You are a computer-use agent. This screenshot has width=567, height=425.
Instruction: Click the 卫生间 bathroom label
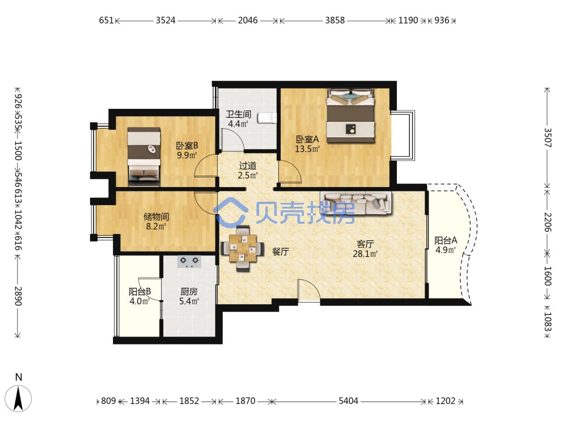238,114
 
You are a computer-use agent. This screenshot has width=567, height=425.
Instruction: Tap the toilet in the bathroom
267,118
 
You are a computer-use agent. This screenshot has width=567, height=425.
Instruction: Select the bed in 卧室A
351,116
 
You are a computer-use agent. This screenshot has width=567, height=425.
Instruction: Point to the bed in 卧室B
143,156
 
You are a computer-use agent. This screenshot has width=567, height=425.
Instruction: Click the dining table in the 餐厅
242,248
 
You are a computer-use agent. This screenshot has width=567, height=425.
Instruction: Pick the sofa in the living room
356,202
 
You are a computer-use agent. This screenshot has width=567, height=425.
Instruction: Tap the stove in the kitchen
189,261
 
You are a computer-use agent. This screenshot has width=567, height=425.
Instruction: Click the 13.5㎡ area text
307,149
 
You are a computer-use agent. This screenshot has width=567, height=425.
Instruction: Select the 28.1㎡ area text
365,254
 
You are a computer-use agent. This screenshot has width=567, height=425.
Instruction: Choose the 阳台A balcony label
446,240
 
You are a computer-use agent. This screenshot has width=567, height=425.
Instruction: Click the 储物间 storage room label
156,217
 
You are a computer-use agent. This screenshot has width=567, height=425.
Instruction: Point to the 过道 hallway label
248,166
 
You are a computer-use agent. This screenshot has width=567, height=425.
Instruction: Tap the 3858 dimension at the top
335,20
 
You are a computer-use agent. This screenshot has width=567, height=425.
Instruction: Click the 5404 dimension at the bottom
348,401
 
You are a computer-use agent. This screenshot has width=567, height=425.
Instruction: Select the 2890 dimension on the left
18,296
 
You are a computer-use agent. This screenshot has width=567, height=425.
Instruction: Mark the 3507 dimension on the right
548,138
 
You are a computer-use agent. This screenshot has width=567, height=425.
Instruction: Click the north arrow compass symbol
19,398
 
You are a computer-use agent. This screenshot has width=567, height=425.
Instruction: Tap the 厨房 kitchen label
189,291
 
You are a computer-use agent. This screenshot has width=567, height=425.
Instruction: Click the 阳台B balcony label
139,291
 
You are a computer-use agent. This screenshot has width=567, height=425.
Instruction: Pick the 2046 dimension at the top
248,20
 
